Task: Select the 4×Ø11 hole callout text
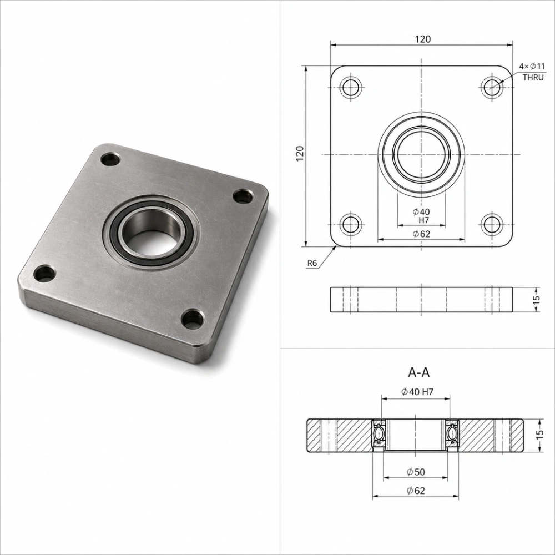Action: click(532, 66)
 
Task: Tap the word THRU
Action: click(533, 78)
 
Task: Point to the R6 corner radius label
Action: click(312, 263)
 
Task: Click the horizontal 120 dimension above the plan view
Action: click(423, 39)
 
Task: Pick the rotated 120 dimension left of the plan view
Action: click(300, 154)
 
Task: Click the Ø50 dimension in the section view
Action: click(416, 472)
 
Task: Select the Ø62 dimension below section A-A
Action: click(416, 491)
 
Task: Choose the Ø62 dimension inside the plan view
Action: click(421, 234)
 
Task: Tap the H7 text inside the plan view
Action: click(423, 220)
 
